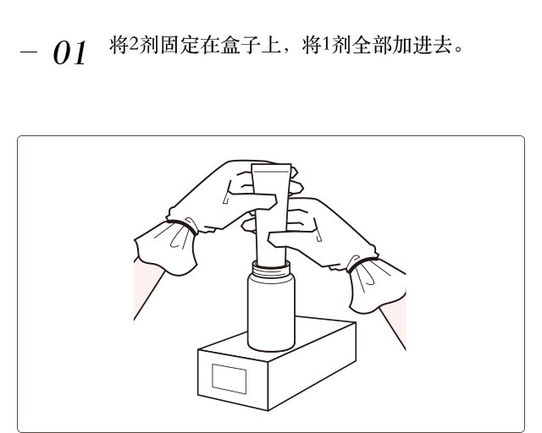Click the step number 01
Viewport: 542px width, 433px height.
[69, 52]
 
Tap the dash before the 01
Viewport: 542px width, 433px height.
[28, 52]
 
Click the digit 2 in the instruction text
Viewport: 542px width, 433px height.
[134, 44]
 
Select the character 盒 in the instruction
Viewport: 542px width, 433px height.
[230, 45]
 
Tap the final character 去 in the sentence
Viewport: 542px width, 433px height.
[443, 45]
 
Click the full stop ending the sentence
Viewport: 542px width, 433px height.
[459, 49]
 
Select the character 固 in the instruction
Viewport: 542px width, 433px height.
[169, 45]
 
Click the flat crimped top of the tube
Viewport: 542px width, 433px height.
[271, 168]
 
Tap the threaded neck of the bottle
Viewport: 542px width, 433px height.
[271, 268]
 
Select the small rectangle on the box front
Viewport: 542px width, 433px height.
[230, 379]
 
